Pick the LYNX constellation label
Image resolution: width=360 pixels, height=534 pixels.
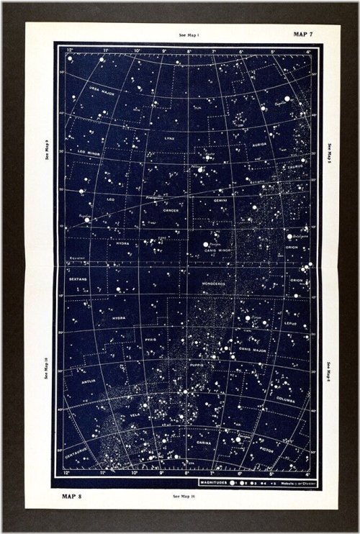point(169,137)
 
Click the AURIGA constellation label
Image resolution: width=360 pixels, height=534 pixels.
point(258,144)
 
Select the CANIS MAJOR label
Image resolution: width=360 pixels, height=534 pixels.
point(253,350)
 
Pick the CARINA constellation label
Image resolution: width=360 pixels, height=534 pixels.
point(204,443)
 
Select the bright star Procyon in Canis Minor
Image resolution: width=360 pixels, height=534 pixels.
point(206,245)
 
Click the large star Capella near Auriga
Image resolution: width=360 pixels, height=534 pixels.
point(266,99)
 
